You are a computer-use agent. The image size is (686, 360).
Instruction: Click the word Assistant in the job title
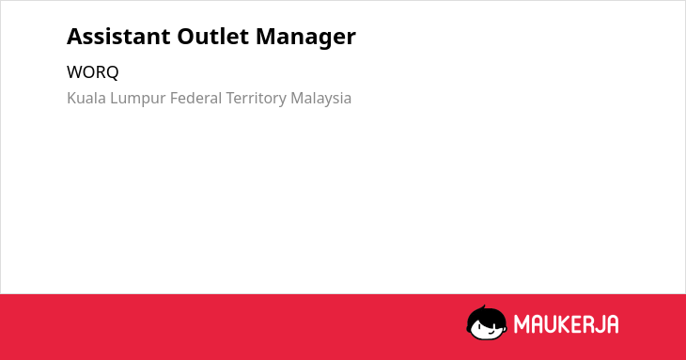pos(118,37)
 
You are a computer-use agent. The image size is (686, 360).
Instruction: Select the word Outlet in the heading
pos(213,37)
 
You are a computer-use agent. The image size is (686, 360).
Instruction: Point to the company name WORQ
pos(93,72)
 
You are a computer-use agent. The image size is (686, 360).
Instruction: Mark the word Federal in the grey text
pos(196,98)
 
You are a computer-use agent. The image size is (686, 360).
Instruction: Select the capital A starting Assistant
pos(74,37)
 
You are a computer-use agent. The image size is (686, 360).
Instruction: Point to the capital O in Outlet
pos(186,37)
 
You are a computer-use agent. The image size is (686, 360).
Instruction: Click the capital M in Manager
pos(267,37)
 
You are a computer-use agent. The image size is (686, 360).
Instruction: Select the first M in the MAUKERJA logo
pos(522,324)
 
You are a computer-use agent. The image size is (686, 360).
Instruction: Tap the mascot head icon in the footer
pos(487,322)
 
